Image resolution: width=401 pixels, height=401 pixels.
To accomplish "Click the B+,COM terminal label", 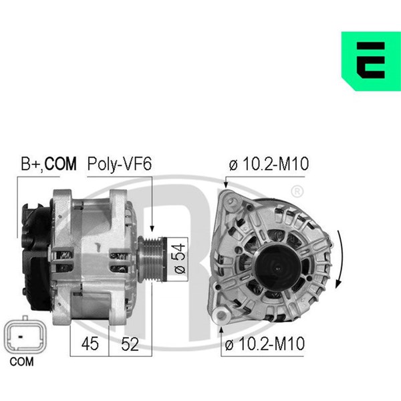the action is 49,164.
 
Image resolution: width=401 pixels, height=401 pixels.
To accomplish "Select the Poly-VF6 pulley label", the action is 120,164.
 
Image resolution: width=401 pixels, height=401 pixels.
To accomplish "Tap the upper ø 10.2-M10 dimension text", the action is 269,164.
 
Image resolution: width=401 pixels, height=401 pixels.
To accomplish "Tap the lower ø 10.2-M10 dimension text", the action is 265,344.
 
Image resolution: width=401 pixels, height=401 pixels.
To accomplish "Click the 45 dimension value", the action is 90,344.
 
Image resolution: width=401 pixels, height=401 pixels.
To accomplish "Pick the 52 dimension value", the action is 130,344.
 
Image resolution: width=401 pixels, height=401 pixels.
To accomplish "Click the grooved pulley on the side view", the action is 152,259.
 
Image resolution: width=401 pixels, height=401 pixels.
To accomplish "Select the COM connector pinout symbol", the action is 25,335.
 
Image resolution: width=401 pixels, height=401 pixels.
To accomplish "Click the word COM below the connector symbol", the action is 21,362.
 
